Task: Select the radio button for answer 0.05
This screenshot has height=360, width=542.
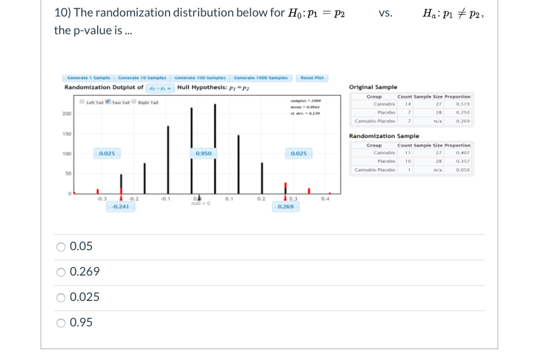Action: coord(61,246)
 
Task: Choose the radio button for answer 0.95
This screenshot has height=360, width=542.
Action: coord(61,323)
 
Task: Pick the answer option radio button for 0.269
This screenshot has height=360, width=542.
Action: coord(61,272)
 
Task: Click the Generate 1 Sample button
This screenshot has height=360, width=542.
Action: coord(88,77)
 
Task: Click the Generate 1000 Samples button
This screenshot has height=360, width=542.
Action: coord(260,77)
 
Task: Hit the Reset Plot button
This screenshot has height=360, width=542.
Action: coord(312,77)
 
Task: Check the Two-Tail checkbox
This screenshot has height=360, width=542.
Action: coord(107,103)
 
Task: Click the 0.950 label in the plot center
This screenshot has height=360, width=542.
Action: coord(204,153)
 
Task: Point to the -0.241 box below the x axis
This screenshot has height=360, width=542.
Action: coord(121,206)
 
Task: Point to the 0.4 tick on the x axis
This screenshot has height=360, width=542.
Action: coord(326,198)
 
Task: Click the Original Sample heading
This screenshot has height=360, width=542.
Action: coord(373,87)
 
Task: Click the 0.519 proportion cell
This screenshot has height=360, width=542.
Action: coord(463,103)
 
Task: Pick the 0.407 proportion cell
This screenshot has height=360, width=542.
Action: coord(463,152)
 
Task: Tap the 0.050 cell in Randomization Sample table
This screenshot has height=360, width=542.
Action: coord(463,170)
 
